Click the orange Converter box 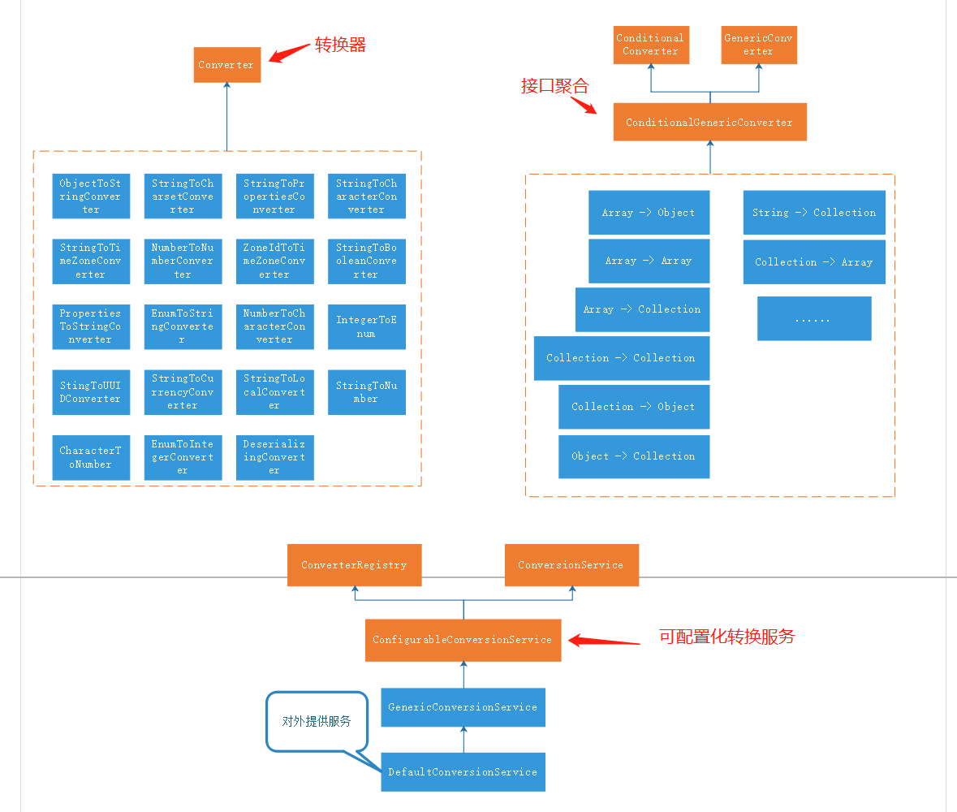[x=226, y=65]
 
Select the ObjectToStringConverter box [x=90, y=197]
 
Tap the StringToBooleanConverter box [x=366, y=261]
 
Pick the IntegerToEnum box [x=366, y=326]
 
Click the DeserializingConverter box [x=274, y=457]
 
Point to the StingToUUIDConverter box [x=90, y=392]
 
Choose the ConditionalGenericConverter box [x=709, y=123]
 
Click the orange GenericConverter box [x=759, y=45]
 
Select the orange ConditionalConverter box [x=649, y=45]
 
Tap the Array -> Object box [x=649, y=213]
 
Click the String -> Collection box [x=813, y=213]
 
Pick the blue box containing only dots [x=813, y=318]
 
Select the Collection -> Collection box [x=621, y=358]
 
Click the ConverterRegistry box [x=354, y=565]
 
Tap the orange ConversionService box [x=571, y=565]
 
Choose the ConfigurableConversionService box [x=463, y=640]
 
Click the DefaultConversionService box [x=463, y=772]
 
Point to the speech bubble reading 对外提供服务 [x=317, y=720]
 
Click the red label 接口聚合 [x=554, y=86]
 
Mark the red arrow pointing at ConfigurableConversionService [x=605, y=641]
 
